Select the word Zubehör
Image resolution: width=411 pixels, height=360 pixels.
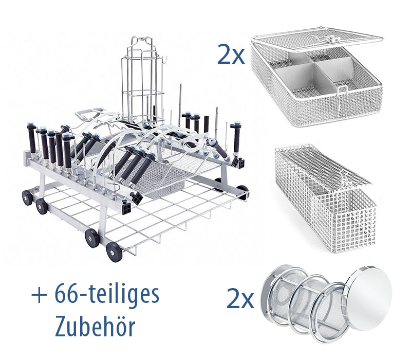pos(95,327)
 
